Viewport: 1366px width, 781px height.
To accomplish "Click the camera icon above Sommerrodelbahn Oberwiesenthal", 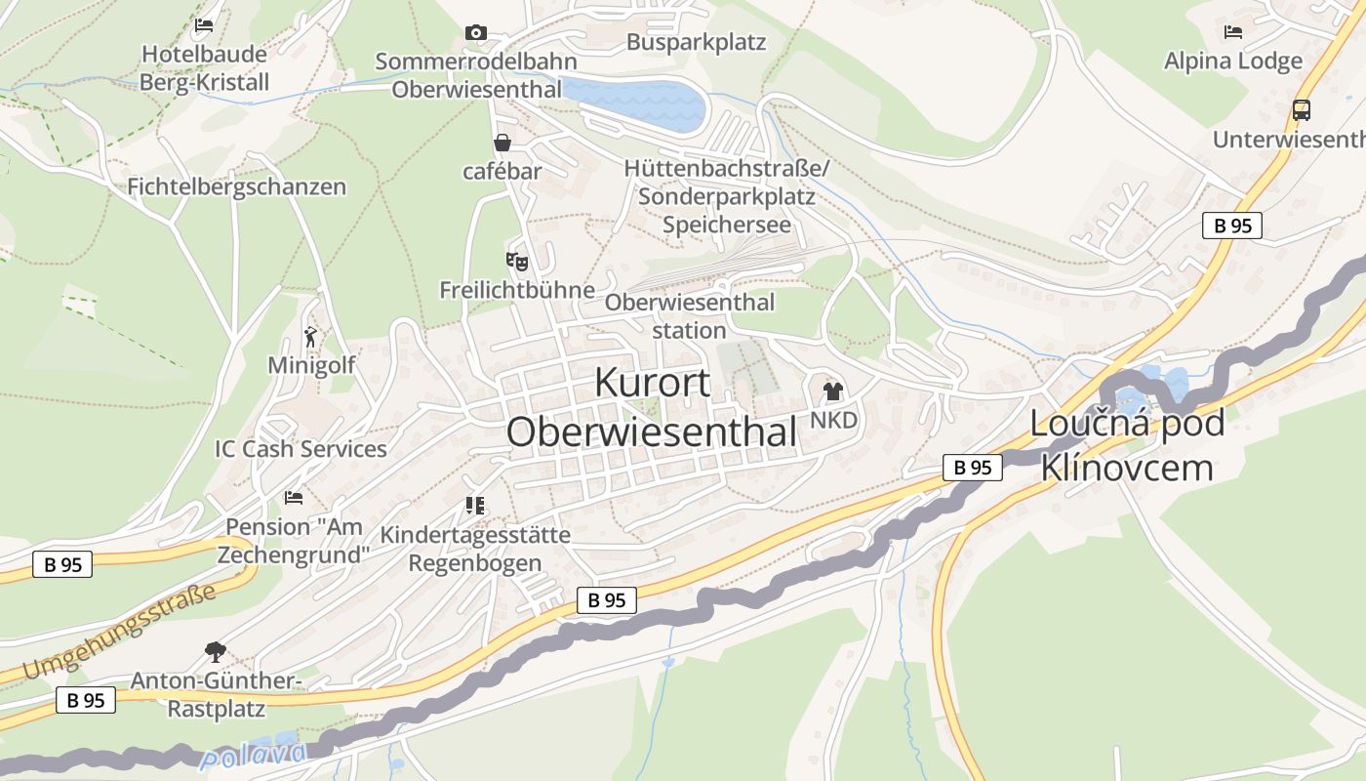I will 476,33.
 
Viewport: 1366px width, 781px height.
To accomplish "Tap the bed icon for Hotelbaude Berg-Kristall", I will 204,25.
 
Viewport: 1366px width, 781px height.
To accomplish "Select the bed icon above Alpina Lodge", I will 1233,31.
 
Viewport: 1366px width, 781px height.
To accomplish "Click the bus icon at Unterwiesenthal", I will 1301,110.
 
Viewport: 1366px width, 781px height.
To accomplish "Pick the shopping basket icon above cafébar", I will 502,144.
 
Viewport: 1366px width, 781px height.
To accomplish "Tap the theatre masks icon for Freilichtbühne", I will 516,262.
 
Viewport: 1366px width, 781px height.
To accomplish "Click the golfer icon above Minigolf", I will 311,337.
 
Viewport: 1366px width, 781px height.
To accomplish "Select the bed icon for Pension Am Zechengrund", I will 294,498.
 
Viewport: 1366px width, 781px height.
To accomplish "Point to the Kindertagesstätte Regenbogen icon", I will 475,506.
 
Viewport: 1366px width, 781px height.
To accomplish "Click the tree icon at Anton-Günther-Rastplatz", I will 215,651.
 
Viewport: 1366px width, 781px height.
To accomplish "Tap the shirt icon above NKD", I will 832,392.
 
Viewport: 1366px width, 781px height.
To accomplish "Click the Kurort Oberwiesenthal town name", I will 653,407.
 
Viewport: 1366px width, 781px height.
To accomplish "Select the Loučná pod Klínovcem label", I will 1127,445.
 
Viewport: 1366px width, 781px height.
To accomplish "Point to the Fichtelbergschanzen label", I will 237,186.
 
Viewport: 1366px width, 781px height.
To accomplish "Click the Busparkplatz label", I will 696,43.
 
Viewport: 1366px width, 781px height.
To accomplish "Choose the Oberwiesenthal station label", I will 689,315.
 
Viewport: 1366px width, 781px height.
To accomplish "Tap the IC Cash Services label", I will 301,449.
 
